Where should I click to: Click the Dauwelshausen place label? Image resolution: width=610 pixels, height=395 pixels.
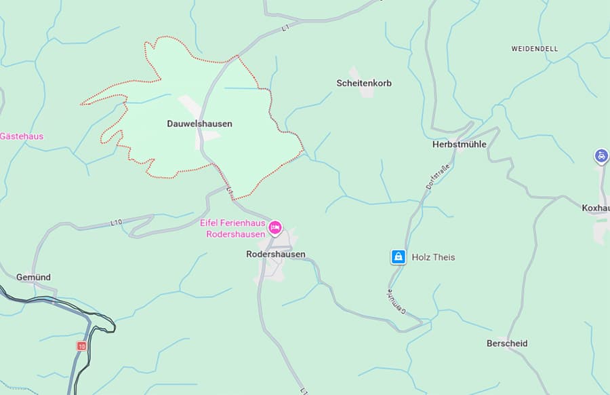click(x=199, y=124)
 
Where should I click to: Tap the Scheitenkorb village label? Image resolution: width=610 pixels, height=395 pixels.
click(x=364, y=83)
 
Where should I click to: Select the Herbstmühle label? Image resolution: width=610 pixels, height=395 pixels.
click(x=459, y=145)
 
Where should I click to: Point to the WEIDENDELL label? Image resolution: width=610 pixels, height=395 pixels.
click(x=534, y=50)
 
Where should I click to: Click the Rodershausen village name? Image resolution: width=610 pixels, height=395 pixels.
click(x=275, y=255)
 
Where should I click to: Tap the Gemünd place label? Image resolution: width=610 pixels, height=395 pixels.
click(x=33, y=278)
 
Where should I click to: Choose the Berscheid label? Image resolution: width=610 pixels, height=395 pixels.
click(x=507, y=343)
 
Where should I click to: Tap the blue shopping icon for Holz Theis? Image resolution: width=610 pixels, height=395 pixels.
click(x=398, y=257)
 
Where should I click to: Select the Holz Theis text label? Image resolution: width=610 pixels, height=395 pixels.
click(x=434, y=257)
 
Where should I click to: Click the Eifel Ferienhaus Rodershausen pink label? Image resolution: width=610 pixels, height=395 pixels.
click(x=232, y=229)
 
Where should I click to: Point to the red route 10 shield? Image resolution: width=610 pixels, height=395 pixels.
click(x=81, y=346)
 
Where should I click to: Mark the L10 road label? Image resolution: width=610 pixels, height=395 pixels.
click(x=116, y=223)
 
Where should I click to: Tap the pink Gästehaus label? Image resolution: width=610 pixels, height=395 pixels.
click(x=22, y=136)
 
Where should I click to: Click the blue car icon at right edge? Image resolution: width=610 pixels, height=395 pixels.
click(x=601, y=156)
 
